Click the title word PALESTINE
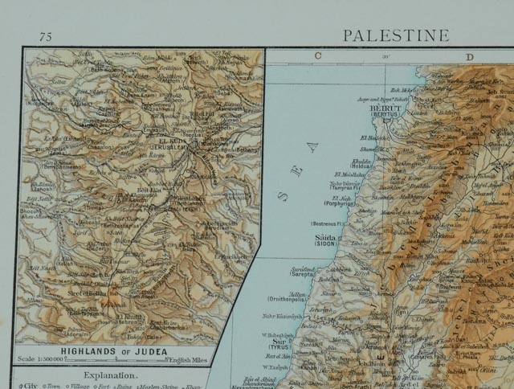[x=395, y=35]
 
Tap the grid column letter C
[x=317, y=55]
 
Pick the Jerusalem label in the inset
[x=167, y=145]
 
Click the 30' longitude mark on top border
[x=386, y=56]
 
